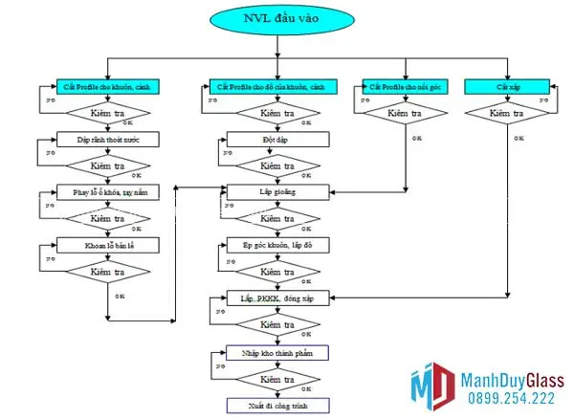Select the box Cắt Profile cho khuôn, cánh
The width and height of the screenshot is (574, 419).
pos(105,86)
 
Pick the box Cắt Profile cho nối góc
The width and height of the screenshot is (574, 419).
pos(404,86)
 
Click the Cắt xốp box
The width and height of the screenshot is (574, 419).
pos(506,86)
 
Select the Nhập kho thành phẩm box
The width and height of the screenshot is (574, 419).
pos(276,353)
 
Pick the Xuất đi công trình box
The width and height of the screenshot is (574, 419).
pos(276,406)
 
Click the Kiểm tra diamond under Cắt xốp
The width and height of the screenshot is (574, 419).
pos(506,113)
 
